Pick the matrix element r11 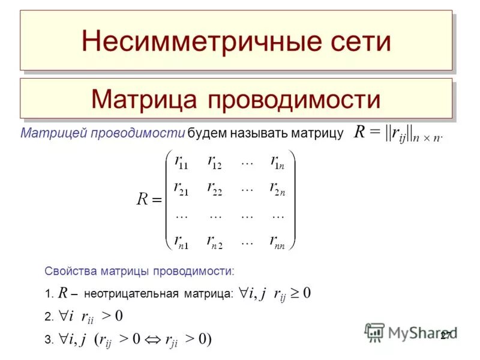point(181,161)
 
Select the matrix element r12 point(214,161)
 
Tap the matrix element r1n point(277,161)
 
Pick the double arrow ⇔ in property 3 point(154,339)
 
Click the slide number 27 point(446,335)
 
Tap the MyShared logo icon point(374,332)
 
